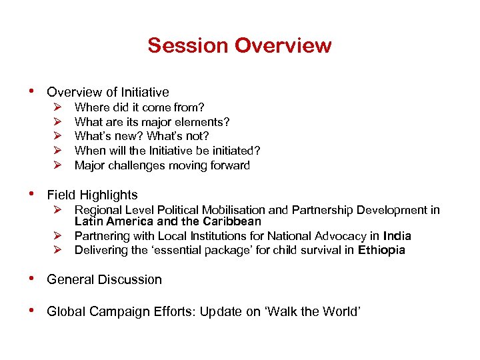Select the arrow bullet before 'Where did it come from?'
(x=58, y=107)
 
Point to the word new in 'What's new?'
(x=127, y=136)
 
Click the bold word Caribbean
(x=227, y=221)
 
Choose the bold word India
(x=397, y=236)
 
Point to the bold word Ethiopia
(x=381, y=251)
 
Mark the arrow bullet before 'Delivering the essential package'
(x=58, y=251)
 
